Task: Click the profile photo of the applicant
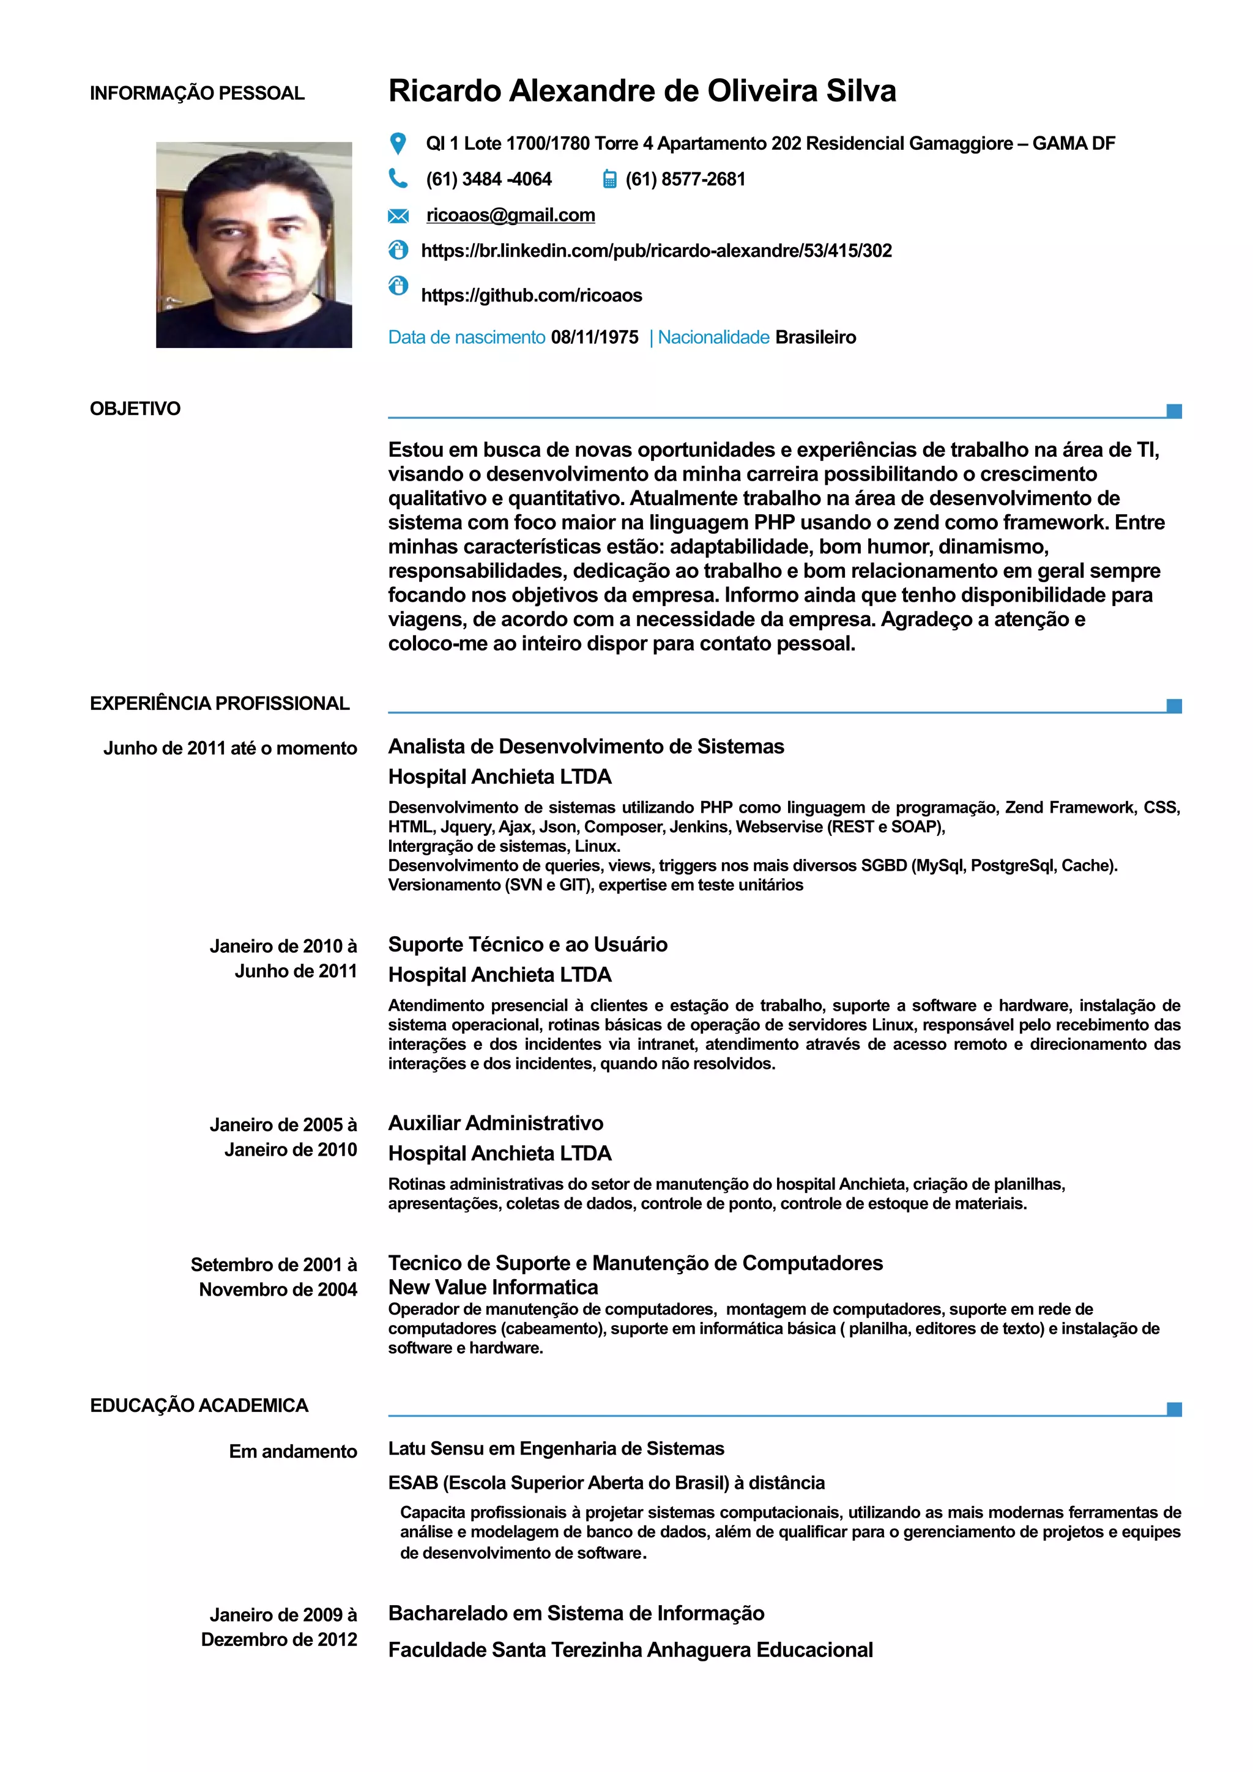point(253,245)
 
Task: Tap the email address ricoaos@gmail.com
point(510,215)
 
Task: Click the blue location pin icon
point(398,144)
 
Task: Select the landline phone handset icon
point(398,179)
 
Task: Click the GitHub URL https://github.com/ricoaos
point(531,295)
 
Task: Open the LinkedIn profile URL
point(656,251)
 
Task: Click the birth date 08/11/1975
point(595,338)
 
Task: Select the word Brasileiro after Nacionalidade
point(816,338)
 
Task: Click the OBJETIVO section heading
point(135,409)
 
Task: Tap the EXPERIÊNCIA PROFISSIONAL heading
point(219,703)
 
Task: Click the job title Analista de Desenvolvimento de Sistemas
point(586,747)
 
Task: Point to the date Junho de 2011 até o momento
point(230,748)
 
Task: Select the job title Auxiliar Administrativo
point(496,1123)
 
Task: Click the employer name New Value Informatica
point(493,1287)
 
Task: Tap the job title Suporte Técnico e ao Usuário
point(527,944)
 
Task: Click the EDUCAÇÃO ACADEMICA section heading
point(199,1405)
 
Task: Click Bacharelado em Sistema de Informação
point(576,1613)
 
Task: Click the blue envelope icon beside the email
point(398,215)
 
